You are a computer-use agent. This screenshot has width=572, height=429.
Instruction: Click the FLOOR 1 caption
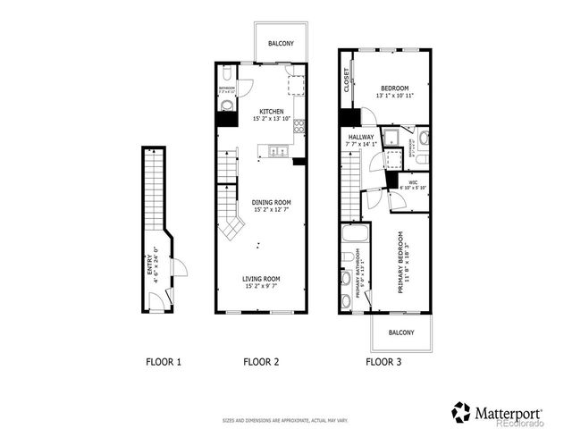[x=164, y=362]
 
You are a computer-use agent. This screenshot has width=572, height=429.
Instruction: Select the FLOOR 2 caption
[x=262, y=362]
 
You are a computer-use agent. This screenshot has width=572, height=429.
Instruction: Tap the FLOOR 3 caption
[x=384, y=362]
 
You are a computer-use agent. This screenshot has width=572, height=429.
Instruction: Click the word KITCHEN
[x=259, y=112]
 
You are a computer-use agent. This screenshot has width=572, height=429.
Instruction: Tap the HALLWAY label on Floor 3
[x=361, y=137]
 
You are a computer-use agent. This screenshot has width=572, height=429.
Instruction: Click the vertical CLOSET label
[x=346, y=80]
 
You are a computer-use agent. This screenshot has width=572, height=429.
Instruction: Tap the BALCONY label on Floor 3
[x=400, y=332]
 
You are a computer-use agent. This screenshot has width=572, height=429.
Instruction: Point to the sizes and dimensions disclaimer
[x=286, y=418]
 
